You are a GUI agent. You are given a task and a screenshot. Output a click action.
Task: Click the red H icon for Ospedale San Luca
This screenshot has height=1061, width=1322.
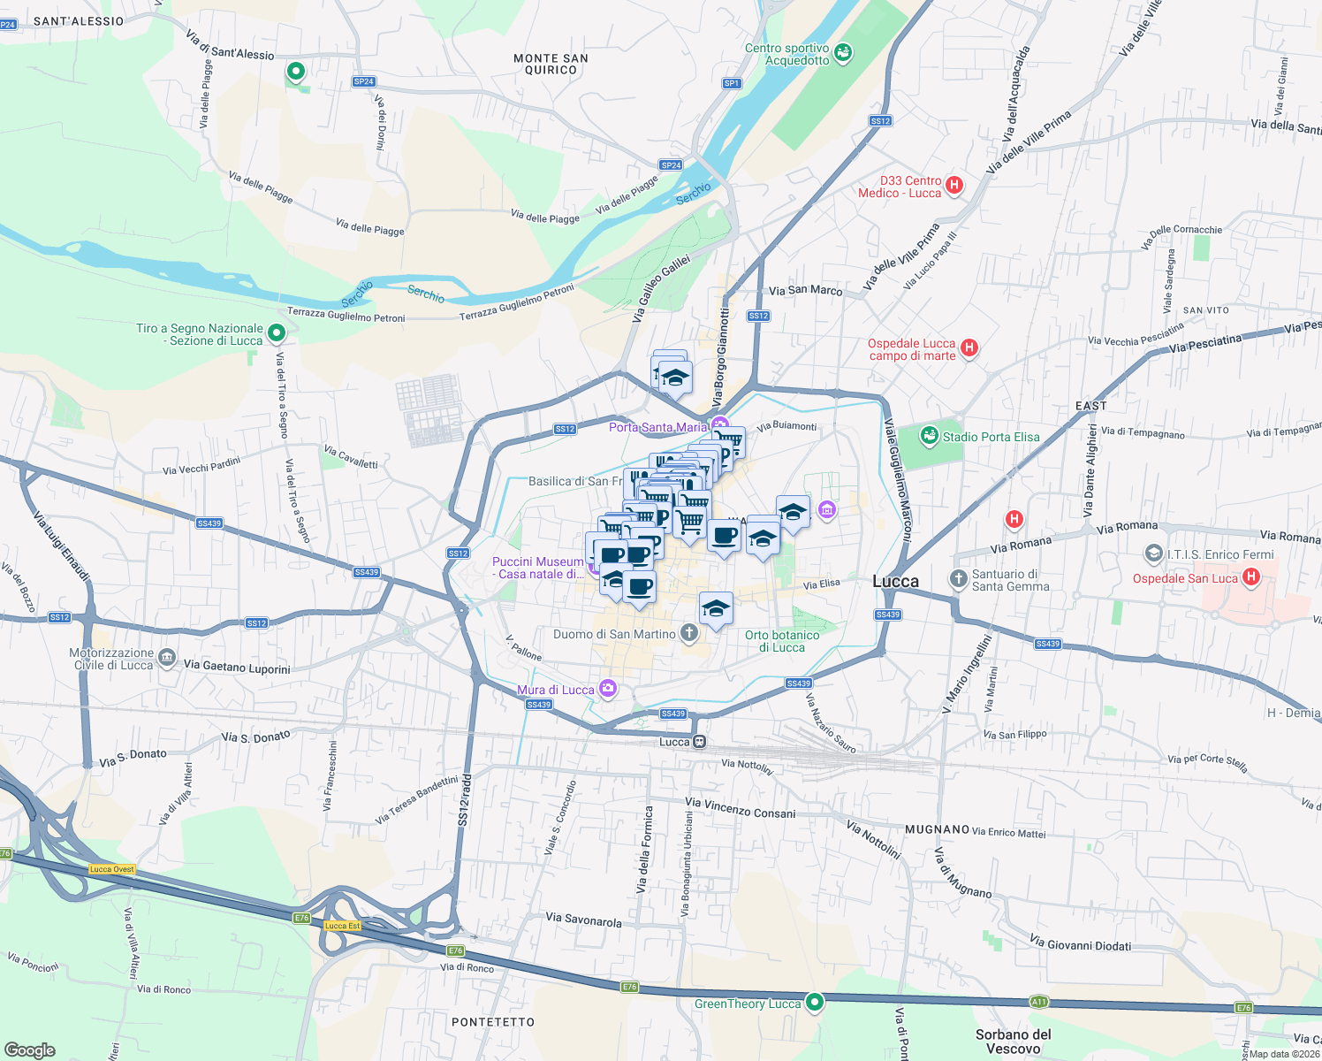1250,578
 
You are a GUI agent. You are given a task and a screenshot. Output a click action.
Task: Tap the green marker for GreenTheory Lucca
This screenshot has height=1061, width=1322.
815,1003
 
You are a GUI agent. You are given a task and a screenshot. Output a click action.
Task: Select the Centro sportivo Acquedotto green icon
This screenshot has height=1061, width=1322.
843,54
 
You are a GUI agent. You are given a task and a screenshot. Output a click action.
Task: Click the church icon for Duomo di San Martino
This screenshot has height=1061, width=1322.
689,633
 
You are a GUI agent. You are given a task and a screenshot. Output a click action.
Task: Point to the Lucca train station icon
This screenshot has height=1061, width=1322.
700,742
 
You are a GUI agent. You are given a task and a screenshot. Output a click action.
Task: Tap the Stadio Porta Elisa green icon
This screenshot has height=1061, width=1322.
929,436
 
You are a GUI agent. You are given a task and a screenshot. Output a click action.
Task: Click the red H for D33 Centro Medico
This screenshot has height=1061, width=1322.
954,186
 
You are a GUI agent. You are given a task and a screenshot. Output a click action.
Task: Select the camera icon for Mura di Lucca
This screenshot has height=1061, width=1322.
607,689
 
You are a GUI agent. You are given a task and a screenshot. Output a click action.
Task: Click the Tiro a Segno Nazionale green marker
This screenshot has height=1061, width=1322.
277,333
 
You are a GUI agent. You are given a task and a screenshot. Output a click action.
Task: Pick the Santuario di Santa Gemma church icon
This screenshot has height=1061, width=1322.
958,579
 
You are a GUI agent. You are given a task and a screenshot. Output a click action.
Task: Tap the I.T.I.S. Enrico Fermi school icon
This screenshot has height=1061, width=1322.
1153,554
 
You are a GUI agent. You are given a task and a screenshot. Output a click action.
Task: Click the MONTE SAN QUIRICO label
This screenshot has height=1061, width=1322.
551,64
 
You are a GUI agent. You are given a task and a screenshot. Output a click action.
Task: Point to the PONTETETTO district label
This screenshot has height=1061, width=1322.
493,1022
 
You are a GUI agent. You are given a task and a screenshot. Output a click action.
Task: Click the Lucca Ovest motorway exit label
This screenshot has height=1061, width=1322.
112,869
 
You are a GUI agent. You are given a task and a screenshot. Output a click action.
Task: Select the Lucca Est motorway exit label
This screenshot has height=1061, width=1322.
342,926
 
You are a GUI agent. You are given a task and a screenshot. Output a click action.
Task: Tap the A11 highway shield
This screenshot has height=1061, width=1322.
1039,1002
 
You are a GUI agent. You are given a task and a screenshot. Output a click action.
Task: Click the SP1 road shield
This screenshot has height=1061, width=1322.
732,83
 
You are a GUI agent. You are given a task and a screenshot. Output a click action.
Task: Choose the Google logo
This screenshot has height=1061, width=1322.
29,1050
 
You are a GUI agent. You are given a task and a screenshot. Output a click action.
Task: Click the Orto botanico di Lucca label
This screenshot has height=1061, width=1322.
782,641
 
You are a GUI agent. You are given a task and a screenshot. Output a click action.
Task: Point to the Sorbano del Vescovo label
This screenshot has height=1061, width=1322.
1014,1042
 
